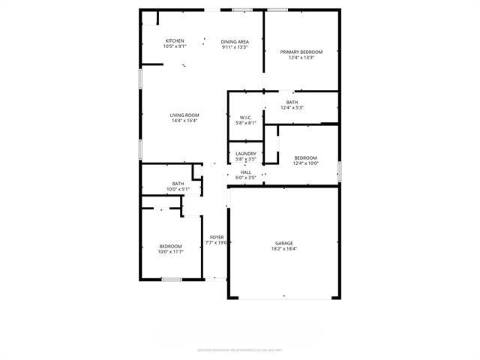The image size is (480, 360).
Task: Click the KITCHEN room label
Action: pyautogui.click(x=175, y=40)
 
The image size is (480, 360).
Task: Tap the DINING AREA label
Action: pyautogui.click(x=234, y=40)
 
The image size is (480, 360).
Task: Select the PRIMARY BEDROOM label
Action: pyautogui.click(x=301, y=52)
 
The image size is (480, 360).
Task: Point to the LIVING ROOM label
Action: pyautogui.click(x=184, y=115)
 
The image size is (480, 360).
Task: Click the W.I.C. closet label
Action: pyautogui.click(x=246, y=117)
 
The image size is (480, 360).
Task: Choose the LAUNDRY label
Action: pyautogui.click(x=246, y=154)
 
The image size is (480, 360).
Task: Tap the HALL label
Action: pyautogui.click(x=246, y=172)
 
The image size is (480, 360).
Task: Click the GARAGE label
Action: pyautogui.click(x=283, y=243)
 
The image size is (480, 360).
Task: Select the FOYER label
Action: pyautogui.click(x=217, y=236)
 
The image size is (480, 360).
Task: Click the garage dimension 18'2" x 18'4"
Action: pyautogui.click(x=283, y=249)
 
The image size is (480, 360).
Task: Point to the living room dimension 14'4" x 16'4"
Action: pyautogui.click(x=184, y=121)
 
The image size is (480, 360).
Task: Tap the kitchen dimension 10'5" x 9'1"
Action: pyautogui.click(x=175, y=46)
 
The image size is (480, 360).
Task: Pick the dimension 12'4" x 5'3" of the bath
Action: pyautogui.click(x=292, y=108)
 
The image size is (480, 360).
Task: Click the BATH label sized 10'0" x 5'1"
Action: pyautogui.click(x=178, y=183)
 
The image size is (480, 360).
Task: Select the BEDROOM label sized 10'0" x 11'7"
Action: pyautogui.click(x=170, y=246)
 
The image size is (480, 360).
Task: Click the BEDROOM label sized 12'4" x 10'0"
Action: pyautogui.click(x=305, y=157)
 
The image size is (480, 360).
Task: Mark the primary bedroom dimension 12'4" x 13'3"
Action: pyautogui.click(x=301, y=58)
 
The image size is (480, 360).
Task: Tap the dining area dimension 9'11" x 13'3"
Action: pyautogui.click(x=234, y=46)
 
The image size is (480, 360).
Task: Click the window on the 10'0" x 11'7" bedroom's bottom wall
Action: pyautogui.click(x=172, y=280)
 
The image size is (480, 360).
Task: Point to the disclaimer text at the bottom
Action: pyautogui.click(x=240, y=349)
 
